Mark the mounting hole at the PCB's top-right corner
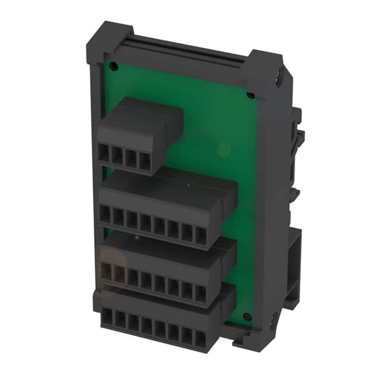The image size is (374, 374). click(251, 95)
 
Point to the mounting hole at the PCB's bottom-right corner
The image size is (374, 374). click(247, 317)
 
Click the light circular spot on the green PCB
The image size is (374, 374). click(223, 150)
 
